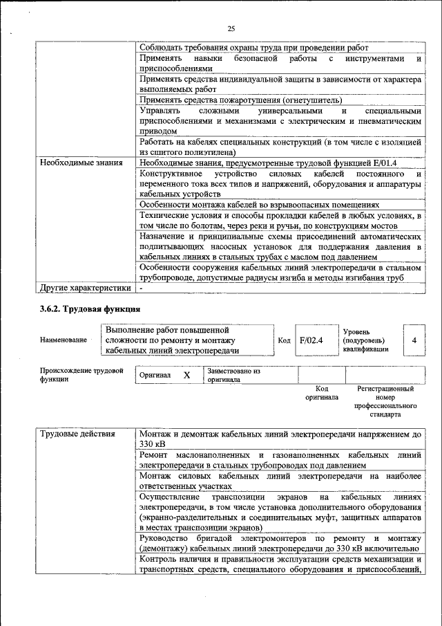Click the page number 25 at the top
coord(231,28)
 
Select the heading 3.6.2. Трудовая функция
coord(90,309)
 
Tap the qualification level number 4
coord(414,340)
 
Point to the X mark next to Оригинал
coord(186,375)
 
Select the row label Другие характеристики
coord(85,287)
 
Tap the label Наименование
coord(63,340)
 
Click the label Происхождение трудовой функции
coord(81,375)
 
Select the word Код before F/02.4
coord(284,340)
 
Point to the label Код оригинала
coord(321,394)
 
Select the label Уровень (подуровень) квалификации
coord(365,340)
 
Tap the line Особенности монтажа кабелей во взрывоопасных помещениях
coord(259,205)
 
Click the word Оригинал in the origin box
coord(155,375)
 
